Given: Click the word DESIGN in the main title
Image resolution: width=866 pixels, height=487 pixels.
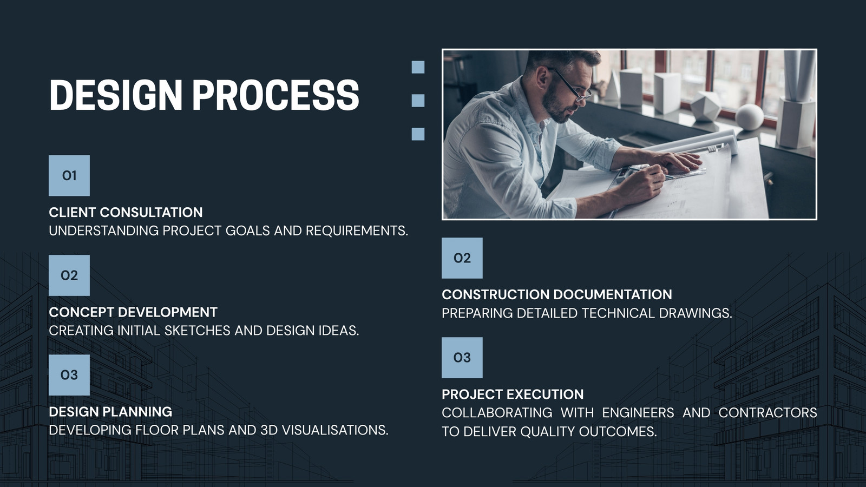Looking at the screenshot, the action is (x=116, y=95).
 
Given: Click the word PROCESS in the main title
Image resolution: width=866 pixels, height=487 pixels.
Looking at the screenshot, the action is (x=276, y=95).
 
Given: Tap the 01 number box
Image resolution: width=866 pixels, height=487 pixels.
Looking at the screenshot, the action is (x=69, y=175).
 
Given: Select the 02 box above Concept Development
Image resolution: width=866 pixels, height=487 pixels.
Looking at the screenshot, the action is (x=69, y=275).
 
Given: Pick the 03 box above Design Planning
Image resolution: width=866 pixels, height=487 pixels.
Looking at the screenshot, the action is (x=69, y=375).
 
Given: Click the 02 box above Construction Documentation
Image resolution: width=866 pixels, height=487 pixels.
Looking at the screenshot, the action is (x=462, y=258).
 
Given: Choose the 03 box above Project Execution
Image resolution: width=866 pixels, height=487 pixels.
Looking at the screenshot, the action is (x=462, y=358).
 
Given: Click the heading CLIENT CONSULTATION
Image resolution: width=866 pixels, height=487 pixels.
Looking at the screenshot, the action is (x=126, y=212).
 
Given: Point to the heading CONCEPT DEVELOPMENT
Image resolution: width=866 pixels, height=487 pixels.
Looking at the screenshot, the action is (x=133, y=312).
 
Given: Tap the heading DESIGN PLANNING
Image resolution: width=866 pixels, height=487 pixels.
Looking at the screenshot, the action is (x=110, y=412).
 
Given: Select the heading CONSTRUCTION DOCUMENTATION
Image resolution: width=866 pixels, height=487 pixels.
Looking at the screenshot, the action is (x=557, y=294).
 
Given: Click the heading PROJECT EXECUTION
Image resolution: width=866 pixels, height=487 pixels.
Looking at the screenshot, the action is (x=513, y=394).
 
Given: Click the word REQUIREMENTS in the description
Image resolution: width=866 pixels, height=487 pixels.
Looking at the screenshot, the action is (x=357, y=231).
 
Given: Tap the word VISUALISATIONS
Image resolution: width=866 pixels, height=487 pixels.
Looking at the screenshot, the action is (x=335, y=430).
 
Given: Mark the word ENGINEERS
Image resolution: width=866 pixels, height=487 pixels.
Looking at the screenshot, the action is (x=638, y=412).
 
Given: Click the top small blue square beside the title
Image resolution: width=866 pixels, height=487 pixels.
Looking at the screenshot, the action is (x=418, y=67).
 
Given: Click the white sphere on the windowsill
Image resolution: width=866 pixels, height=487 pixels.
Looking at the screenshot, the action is (x=749, y=117).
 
